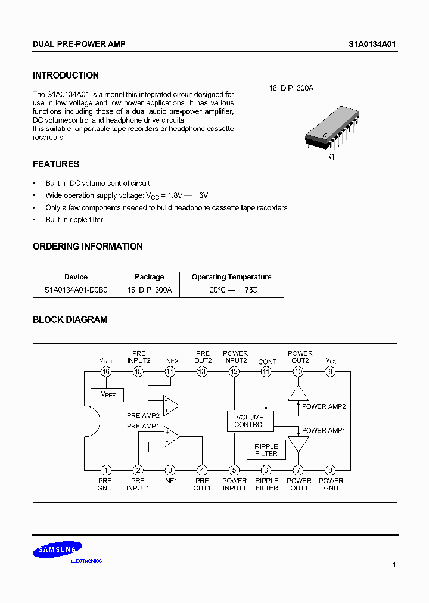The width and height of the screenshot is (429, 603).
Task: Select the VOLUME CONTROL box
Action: point(250,421)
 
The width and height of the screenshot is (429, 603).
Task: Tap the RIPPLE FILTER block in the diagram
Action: point(266,450)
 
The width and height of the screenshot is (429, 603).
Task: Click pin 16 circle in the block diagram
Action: point(106,371)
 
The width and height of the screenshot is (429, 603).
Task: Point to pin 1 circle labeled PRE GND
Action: point(105,470)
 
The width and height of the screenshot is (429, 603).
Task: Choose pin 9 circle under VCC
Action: point(331,371)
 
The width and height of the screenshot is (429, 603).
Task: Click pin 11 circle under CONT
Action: point(266,371)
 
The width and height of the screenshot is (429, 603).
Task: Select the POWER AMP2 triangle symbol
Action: point(299,393)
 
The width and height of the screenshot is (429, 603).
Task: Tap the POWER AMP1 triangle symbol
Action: point(299,445)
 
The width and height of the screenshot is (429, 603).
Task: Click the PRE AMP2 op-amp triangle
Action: point(171,405)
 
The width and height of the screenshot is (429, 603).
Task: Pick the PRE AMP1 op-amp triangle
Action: point(171,437)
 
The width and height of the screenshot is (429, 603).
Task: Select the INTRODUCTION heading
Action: point(66,76)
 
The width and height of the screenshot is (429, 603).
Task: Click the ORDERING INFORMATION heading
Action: point(88,247)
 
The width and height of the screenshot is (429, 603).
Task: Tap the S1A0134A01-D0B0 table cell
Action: point(76,290)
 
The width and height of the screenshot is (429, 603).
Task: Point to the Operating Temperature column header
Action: point(231,277)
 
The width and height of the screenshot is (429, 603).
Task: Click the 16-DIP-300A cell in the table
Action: point(150,290)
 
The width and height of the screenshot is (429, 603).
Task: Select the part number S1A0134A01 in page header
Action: point(372,45)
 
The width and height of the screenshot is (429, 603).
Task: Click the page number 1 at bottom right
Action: point(394,564)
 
